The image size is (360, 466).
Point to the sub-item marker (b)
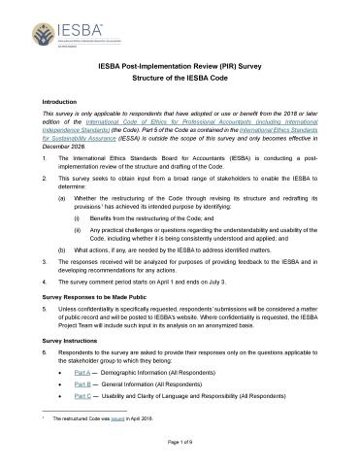pos(63,249)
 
